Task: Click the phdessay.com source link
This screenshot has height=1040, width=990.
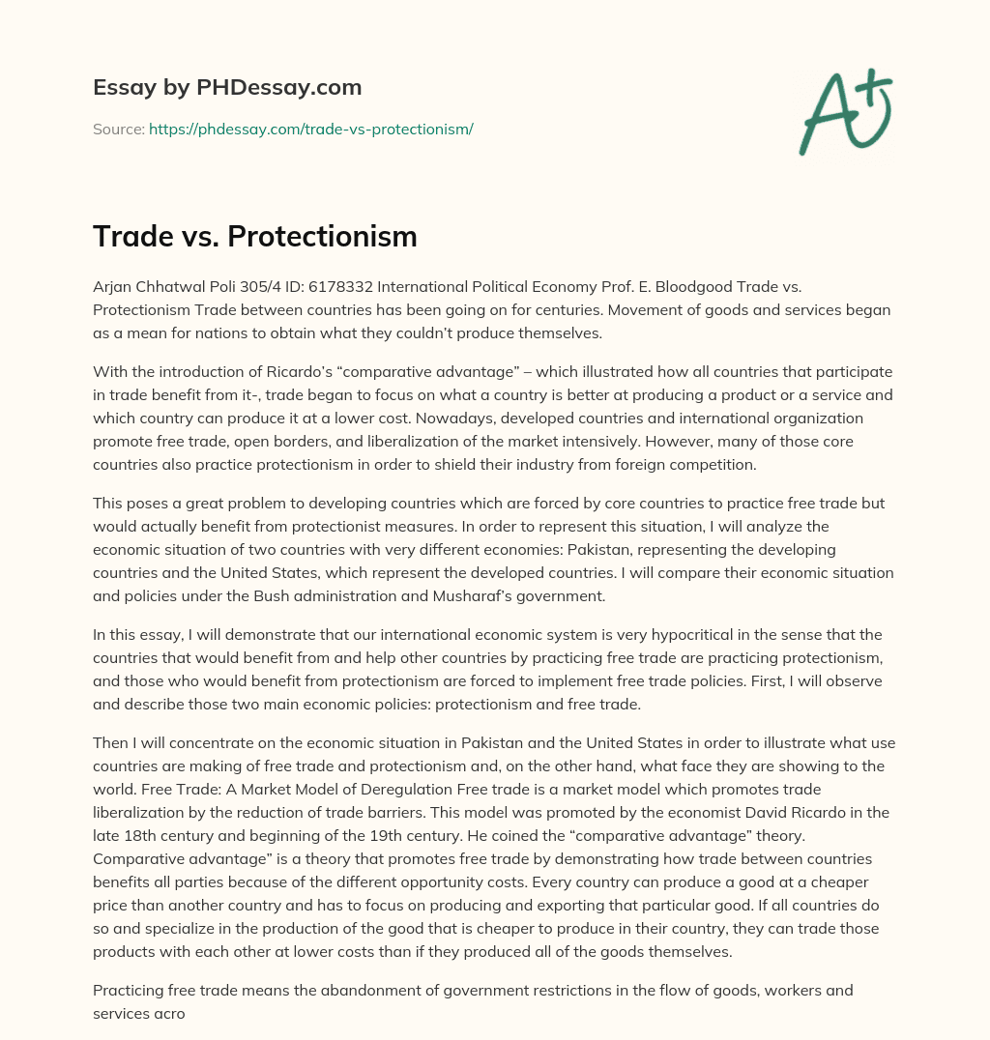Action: click(310, 129)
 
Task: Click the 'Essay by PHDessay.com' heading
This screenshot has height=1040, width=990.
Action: click(227, 88)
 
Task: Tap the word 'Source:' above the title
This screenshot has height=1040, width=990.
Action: click(118, 129)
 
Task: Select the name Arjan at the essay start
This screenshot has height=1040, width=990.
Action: click(114, 285)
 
